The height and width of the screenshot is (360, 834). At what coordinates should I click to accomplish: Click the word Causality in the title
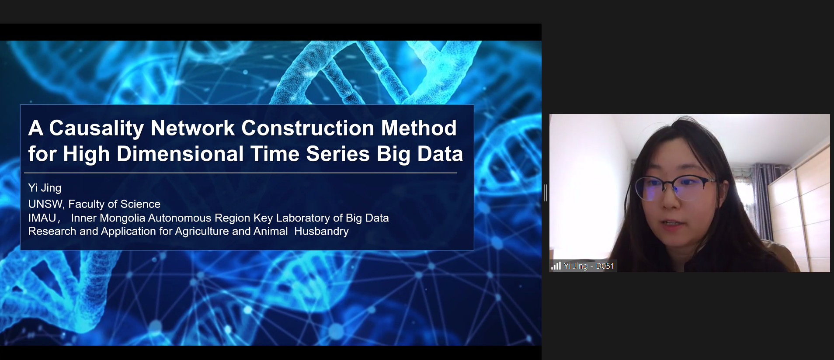[x=96, y=128]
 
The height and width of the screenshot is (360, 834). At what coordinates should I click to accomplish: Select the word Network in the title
[x=193, y=128]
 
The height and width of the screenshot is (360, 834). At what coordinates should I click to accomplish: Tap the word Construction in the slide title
[x=308, y=128]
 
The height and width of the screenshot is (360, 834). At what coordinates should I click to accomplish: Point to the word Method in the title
[x=419, y=128]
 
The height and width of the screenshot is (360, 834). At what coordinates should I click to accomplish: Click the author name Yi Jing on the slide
[x=45, y=188]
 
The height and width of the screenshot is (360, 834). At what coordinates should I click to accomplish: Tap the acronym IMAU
[x=42, y=218]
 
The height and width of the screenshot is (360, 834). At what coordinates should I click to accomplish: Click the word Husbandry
[x=321, y=231]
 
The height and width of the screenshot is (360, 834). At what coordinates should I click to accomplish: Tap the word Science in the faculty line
[x=140, y=204]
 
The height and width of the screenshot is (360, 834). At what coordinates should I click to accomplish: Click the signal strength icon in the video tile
[x=556, y=266]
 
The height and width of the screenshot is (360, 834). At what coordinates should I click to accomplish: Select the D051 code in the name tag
[x=605, y=266]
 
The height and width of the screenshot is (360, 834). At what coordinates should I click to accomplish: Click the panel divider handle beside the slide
[x=546, y=193]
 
